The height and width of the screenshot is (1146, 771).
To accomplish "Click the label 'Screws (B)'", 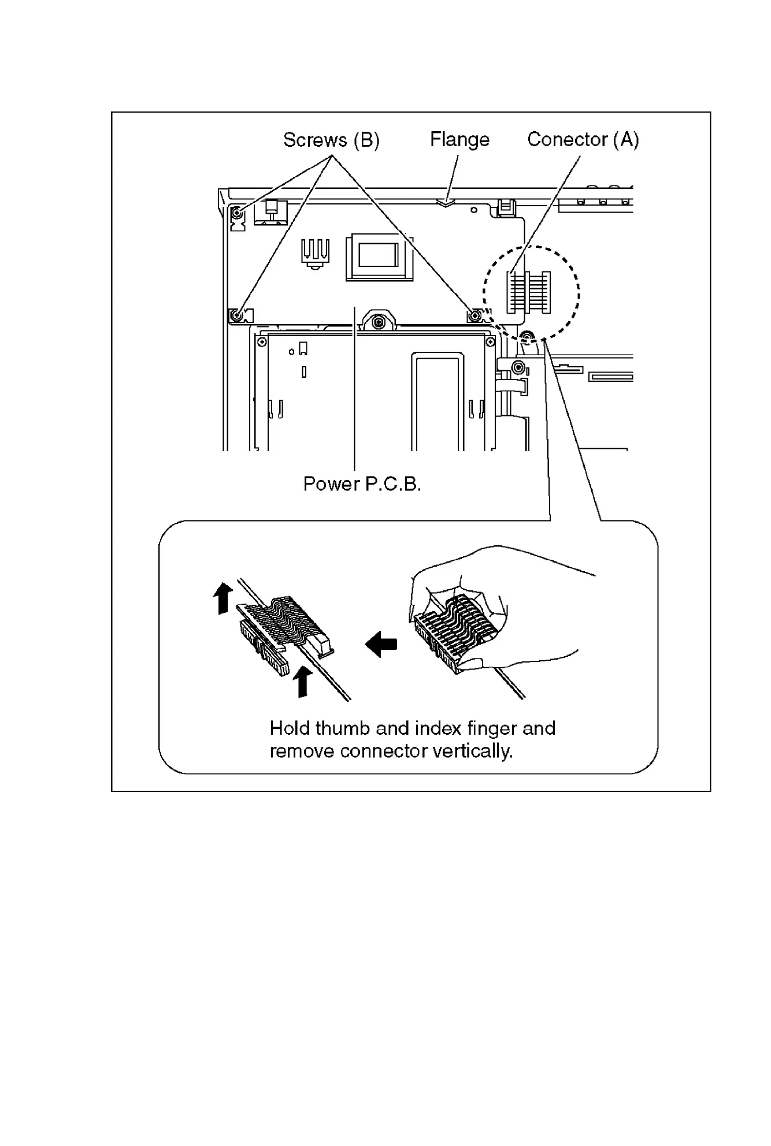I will [x=331, y=140].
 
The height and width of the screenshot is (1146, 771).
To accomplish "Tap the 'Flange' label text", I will [x=459, y=140].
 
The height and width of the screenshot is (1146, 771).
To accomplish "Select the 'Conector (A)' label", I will [x=583, y=140].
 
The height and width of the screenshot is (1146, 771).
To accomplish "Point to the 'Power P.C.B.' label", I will [x=362, y=484].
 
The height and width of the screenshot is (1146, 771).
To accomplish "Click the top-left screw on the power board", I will [x=238, y=214].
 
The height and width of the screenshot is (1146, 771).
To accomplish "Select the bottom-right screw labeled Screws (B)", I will [x=475, y=315].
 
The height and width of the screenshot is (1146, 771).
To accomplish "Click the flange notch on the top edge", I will [x=446, y=203].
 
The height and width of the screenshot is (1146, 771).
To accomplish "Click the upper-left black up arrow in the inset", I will [x=223, y=598].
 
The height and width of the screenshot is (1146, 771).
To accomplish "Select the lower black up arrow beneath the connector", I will [x=302, y=681].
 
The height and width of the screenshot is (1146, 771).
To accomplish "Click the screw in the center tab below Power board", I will [x=378, y=321].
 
